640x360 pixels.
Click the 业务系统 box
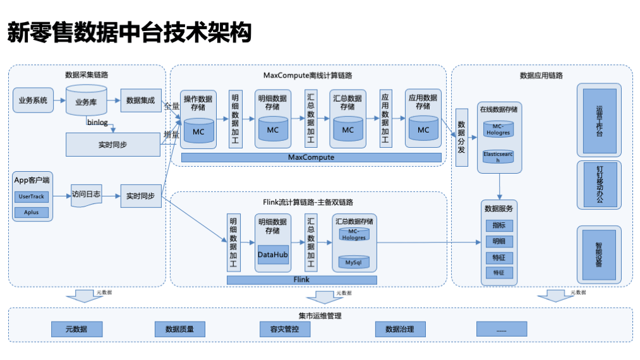(33, 100)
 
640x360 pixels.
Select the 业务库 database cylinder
(86, 102)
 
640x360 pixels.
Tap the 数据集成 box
(140, 100)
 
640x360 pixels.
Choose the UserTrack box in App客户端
(32, 197)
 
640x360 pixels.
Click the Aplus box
(32, 212)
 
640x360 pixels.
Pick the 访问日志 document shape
(86, 195)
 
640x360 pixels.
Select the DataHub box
(273, 255)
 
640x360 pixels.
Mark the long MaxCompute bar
(310, 157)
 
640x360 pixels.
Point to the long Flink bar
(301, 279)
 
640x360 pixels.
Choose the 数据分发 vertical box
(462, 137)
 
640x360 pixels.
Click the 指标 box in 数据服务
(499, 225)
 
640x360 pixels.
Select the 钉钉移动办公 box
(599, 184)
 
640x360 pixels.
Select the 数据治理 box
(400, 329)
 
